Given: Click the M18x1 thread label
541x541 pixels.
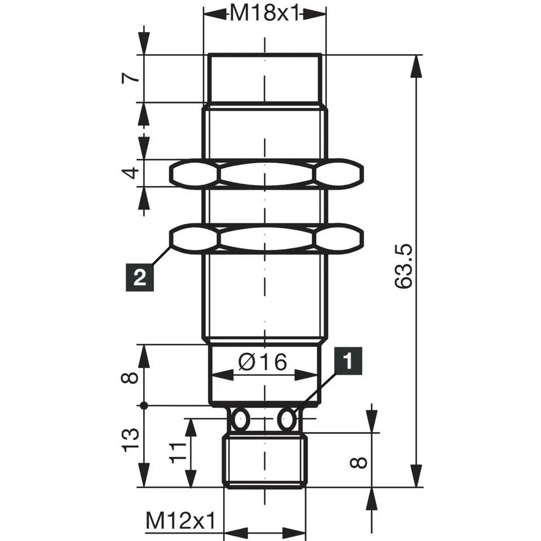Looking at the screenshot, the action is tap(264, 14).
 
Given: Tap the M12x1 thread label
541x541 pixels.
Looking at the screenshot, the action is tap(180, 521).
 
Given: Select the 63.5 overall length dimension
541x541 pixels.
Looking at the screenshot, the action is tap(403, 266).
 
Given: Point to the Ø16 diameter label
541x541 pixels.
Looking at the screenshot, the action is tap(263, 362).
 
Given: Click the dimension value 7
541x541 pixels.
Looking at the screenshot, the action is tap(131, 78).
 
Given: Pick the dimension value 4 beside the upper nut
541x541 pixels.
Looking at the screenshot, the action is tap(131, 173).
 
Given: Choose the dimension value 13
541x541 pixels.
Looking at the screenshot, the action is tap(130, 441).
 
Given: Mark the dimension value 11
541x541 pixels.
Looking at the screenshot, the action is tap(178, 453).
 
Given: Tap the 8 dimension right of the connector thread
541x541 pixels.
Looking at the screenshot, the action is tap(358, 463).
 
